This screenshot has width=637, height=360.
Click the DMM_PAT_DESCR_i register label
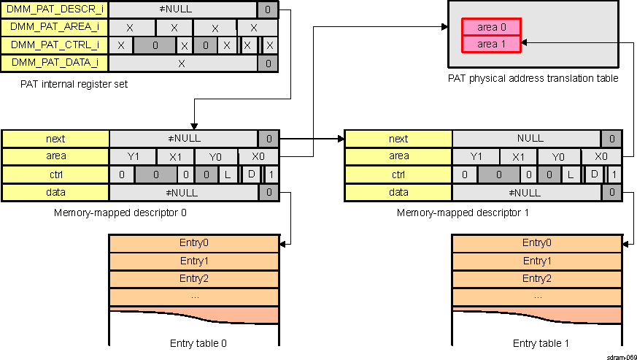pos(55,10)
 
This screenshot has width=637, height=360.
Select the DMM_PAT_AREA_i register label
pos(55,28)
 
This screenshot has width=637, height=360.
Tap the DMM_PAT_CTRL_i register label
pos(55,45)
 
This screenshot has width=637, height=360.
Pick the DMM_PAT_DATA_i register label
pos(55,63)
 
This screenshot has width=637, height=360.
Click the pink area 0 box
pos(491,27)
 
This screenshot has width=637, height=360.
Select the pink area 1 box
pos(491,44)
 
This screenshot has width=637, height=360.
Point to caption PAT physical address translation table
pos(533,78)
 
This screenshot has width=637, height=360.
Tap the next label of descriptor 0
pos(55,139)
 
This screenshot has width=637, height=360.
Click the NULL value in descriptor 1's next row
pos(530,139)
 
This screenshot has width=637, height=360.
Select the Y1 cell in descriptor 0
pos(131,157)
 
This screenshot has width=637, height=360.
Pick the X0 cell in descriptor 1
pos(601,157)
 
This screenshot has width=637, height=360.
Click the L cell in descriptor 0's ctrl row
pos(227,175)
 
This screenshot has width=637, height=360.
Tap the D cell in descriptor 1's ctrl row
pos(595,175)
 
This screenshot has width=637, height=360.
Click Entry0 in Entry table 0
pos(193,243)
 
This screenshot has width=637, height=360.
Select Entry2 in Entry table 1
pos(537,278)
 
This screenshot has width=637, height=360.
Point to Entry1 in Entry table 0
pos(193,261)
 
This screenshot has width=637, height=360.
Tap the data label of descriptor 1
pos(398,193)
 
